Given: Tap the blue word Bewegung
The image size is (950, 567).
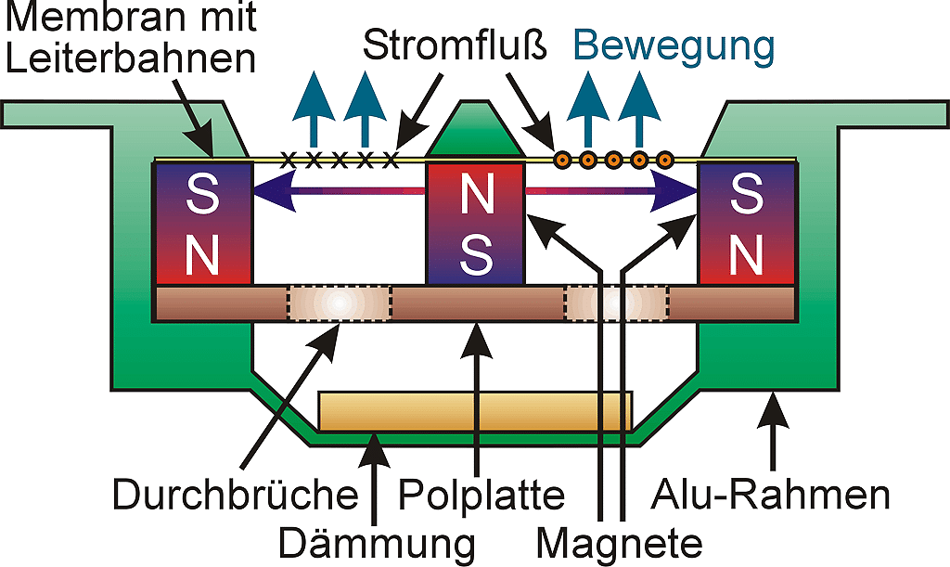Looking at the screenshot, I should click(x=673, y=44).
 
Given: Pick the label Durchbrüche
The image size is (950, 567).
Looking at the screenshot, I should click(x=235, y=496).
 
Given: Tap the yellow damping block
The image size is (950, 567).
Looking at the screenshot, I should click(x=475, y=411).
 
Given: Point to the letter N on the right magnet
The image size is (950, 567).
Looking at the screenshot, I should click(x=747, y=252).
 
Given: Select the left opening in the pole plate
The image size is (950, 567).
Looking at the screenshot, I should click(x=339, y=303).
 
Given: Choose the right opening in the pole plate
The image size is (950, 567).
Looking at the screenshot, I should click(x=616, y=303).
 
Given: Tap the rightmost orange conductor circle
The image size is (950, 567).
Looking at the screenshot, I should click(x=664, y=160).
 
